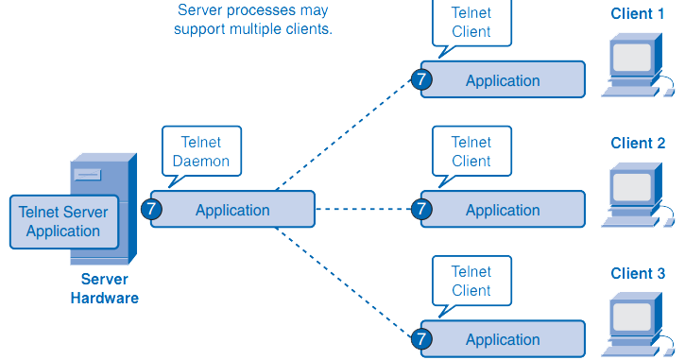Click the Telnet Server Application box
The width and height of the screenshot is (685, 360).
click(x=63, y=221)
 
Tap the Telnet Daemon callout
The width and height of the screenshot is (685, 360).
click(x=200, y=150)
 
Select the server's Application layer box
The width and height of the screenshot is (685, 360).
click(x=232, y=210)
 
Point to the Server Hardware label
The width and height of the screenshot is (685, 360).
click(x=104, y=289)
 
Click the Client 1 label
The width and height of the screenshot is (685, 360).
click(x=638, y=13)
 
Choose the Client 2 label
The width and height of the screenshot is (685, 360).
click(x=638, y=143)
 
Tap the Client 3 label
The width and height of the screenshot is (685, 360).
click(x=638, y=273)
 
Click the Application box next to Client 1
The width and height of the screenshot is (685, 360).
click(x=503, y=80)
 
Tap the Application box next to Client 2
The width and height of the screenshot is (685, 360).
click(x=503, y=210)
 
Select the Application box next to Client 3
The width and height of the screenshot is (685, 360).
click(x=503, y=339)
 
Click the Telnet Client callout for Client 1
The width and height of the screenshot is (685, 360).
click(x=471, y=22)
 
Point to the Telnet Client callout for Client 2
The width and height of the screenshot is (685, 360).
click(x=471, y=151)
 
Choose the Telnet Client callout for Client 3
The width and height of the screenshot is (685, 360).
click(x=471, y=281)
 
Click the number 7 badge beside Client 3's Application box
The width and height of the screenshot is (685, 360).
click(x=421, y=338)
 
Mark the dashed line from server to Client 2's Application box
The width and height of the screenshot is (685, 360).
click(x=364, y=210)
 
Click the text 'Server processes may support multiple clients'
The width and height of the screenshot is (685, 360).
click(x=253, y=19)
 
